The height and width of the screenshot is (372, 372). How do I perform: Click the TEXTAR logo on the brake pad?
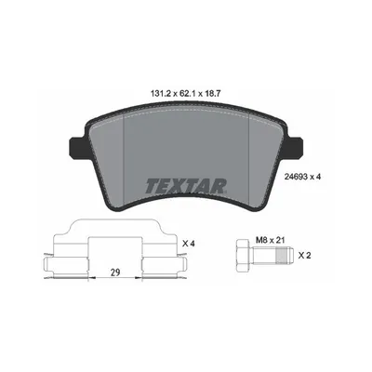(x=186, y=186)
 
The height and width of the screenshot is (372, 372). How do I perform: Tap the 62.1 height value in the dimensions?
(x=186, y=94)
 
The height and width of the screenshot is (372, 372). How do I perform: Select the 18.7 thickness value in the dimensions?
(x=212, y=94)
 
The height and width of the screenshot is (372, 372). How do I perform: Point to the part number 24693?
(x=296, y=177)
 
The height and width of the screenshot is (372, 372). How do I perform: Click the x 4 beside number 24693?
(x=315, y=177)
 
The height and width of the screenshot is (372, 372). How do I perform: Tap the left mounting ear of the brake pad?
(x=77, y=147)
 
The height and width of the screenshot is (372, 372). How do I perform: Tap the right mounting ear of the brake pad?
(x=295, y=147)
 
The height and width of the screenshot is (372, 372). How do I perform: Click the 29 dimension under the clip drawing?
(x=115, y=272)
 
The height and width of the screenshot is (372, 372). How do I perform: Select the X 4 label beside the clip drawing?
(x=189, y=244)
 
